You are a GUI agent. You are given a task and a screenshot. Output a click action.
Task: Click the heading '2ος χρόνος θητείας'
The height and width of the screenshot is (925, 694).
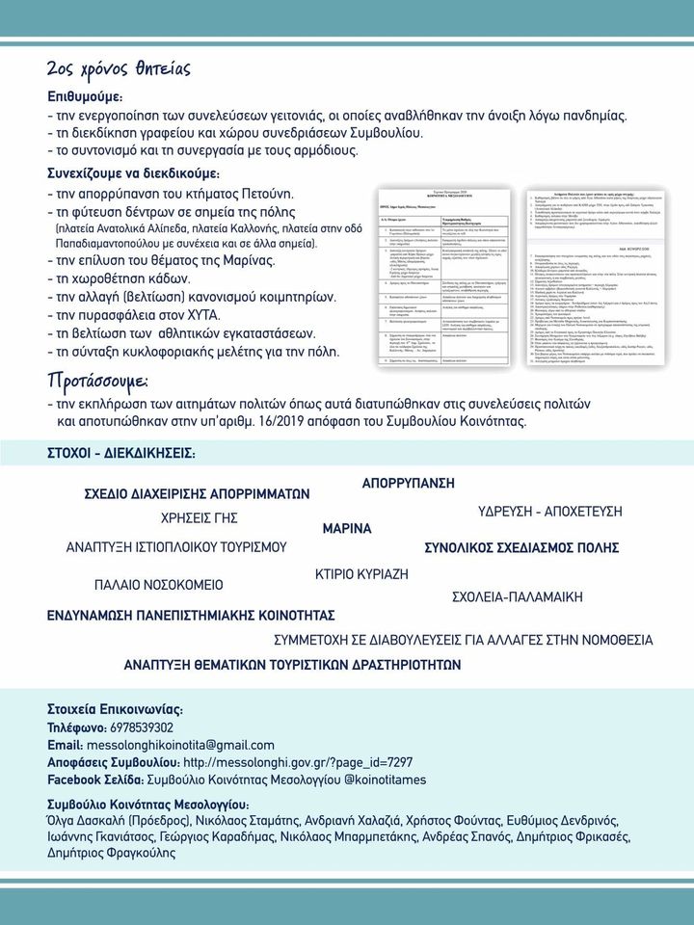(x=119, y=68)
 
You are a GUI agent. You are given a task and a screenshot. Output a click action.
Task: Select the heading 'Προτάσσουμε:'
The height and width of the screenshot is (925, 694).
(x=107, y=379)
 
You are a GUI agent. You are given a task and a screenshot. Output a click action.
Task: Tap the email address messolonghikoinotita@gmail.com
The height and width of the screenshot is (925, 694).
(x=180, y=745)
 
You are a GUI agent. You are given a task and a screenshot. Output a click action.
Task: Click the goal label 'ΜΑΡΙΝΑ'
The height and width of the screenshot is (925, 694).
(x=347, y=528)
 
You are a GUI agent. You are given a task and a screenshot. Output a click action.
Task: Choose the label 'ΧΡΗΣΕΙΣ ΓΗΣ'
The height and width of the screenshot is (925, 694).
(x=200, y=515)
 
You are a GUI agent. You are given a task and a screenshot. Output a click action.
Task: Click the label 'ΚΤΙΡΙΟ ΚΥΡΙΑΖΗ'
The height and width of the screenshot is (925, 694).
(x=362, y=574)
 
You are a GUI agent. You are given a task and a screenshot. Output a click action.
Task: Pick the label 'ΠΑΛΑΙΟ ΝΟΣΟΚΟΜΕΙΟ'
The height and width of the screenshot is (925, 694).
(x=158, y=585)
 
